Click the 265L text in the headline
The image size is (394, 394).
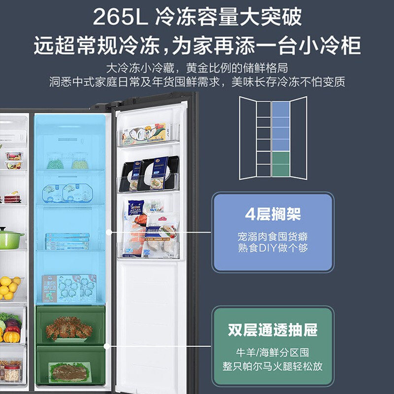[x=120, y=17]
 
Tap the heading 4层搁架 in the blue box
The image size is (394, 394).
[x=273, y=214]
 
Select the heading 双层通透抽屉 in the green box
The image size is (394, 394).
[x=273, y=329]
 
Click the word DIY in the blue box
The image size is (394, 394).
[x=267, y=248]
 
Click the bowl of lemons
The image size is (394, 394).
[x=10, y=288]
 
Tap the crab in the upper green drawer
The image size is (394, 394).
[x=68, y=328]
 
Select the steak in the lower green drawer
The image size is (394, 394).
[x=69, y=373]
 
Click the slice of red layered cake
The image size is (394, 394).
[x=12, y=197]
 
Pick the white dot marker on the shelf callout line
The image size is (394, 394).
[x=109, y=232]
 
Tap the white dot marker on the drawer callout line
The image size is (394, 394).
[x=107, y=346]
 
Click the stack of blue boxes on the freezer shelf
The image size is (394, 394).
[x=67, y=241]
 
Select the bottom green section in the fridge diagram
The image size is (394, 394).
[x=281, y=170]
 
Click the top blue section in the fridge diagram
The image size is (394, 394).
[x=281, y=109]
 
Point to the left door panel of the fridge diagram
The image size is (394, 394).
[x=248, y=138]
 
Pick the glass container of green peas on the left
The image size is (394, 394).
[x=55, y=162]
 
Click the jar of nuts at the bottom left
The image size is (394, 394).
[x=12, y=374]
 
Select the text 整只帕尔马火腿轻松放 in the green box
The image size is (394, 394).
[x=273, y=366]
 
